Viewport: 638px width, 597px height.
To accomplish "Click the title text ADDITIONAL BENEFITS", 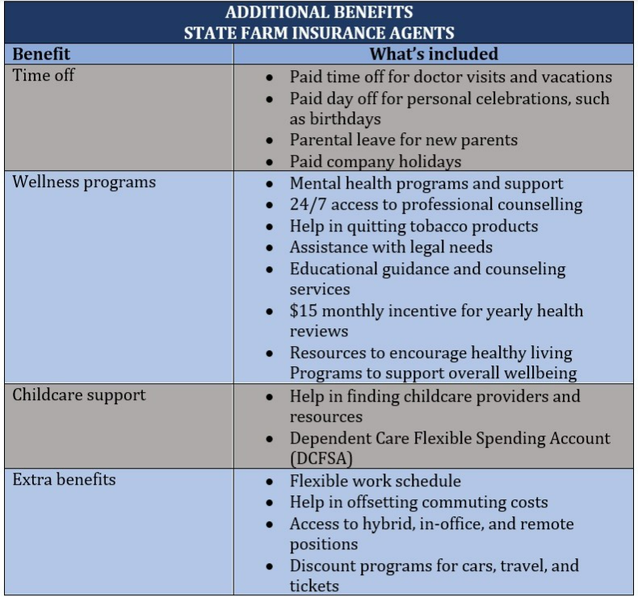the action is point(319,12).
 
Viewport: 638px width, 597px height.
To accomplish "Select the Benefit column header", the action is point(41,54).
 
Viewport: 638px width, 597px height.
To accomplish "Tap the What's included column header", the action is point(434,54).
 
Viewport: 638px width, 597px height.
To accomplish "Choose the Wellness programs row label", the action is point(84,182).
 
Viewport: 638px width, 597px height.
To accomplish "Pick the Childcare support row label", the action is point(79,395).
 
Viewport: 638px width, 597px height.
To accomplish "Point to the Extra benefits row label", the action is point(65,479).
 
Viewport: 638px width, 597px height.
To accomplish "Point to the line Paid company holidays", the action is point(376,161).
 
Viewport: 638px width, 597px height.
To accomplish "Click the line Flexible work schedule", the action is point(376,481).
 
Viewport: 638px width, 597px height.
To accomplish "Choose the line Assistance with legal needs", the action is point(391,247).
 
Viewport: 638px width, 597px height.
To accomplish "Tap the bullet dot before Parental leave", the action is point(271,141).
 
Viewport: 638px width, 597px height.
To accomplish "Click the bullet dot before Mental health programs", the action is point(271,185).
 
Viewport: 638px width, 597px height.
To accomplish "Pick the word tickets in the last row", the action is point(315,586).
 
